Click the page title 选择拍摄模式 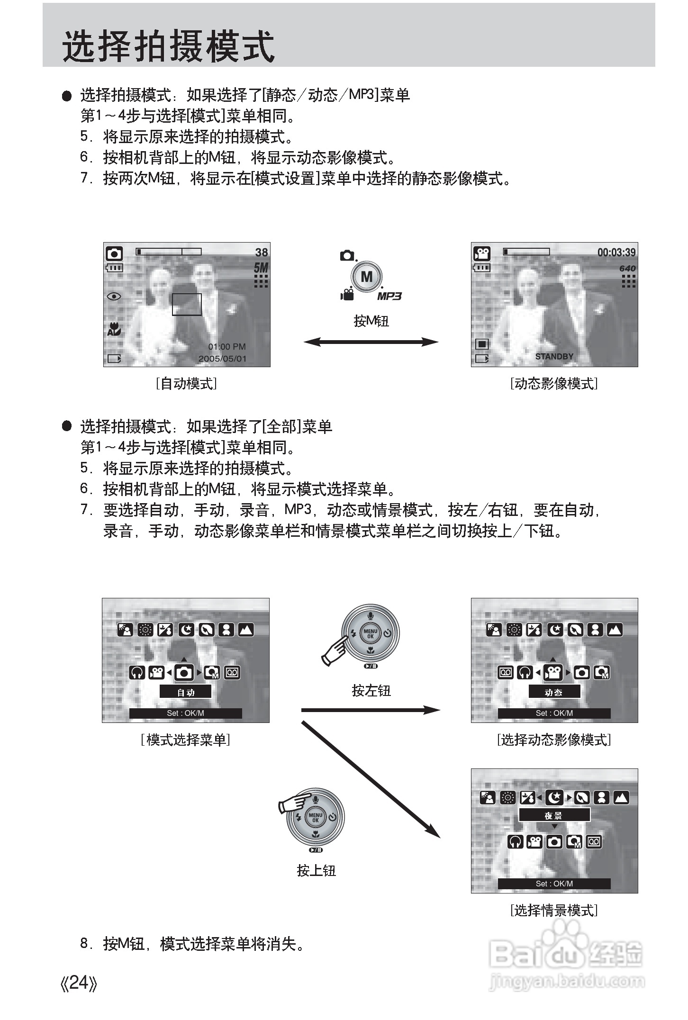pyautogui.click(x=168, y=46)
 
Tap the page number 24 pyautogui.click(x=79, y=983)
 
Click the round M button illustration pyautogui.click(x=366, y=277)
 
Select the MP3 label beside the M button pyautogui.click(x=389, y=297)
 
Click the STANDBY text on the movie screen pyautogui.click(x=554, y=356)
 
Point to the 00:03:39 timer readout pyautogui.click(x=616, y=252)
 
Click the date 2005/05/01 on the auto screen pyautogui.click(x=222, y=359)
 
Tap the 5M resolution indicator pyautogui.click(x=261, y=268)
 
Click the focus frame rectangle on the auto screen pyautogui.click(x=186, y=304)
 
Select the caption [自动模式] pyautogui.click(x=186, y=383)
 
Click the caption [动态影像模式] pyautogui.click(x=554, y=383)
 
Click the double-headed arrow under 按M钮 pyautogui.click(x=371, y=342)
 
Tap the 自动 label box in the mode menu pyautogui.click(x=185, y=692)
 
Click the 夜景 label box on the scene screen pyautogui.click(x=554, y=815)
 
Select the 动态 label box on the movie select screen pyautogui.click(x=554, y=692)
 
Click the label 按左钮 pyautogui.click(x=371, y=691)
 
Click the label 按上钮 pyautogui.click(x=316, y=870)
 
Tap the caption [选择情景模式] pyautogui.click(x=554, y=910)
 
